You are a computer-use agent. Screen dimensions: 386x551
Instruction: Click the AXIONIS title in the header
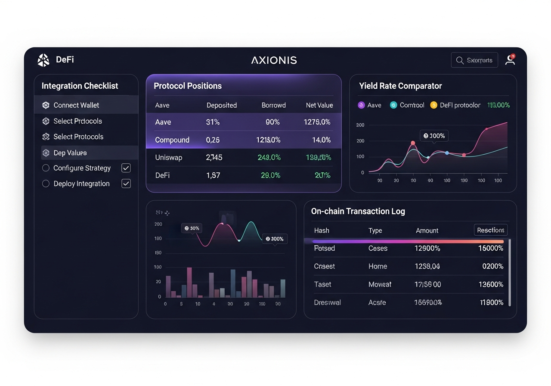(274, 60)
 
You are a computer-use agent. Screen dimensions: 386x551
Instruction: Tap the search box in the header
(474, 60)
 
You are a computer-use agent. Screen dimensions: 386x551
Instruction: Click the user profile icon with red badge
(510, 60)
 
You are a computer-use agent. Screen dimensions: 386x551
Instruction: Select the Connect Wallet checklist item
(76, 105)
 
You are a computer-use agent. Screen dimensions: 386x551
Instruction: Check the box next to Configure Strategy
(126, 168)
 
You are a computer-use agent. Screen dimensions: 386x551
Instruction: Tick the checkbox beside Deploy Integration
(126, 184)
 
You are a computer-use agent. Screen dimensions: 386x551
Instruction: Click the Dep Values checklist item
(70, 153)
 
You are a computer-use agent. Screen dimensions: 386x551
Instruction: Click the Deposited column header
(221, 105)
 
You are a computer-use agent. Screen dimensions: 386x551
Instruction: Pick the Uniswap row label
(168, 158)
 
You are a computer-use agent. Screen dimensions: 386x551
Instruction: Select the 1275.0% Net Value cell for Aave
(317, 122)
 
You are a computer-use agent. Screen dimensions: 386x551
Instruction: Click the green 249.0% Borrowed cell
(269, 158)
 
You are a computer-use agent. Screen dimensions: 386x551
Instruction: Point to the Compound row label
(172, 140)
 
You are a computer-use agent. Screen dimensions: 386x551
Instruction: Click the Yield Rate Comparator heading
(400, 86)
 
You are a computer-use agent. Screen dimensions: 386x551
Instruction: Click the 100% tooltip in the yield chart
(433, 136)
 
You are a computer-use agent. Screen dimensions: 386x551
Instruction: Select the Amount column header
(427, 230)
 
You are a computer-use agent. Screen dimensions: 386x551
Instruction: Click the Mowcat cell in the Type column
(380, 284)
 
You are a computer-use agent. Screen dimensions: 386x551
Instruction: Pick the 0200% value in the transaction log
(492, 266)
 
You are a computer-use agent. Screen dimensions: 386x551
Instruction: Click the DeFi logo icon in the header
(43, 60)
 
